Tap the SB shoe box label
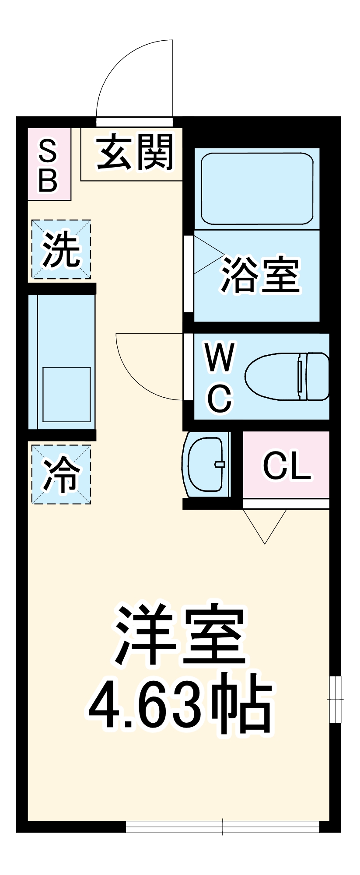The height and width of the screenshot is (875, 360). [48, 165]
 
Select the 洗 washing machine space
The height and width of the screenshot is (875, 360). [61, 249]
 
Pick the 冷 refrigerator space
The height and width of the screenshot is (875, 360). [61, 475]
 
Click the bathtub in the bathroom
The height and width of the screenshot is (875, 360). [257, 188]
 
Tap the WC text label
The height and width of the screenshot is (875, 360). [220, 377]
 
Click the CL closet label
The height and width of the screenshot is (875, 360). [287, 465]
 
